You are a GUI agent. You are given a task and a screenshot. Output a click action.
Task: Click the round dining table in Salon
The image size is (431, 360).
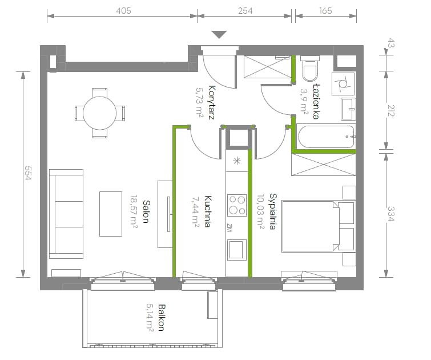click(x=99, y=113)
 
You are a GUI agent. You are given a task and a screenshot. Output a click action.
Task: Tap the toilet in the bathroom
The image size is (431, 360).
click(x=310, y=69)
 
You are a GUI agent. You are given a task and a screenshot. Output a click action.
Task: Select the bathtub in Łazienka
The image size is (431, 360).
click(x=327, y=137)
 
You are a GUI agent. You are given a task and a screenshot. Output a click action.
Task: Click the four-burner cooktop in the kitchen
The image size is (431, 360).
click(x=237, y=205)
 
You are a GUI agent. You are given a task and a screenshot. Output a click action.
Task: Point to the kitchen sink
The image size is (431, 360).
click(x=236, y=250)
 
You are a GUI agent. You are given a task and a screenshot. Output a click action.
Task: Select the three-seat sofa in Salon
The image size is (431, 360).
click(x=66, y=214)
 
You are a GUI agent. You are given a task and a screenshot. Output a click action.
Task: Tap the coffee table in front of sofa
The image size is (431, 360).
click(x=111, y=214)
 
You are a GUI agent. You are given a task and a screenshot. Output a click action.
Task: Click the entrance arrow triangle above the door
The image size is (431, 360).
click(x=219, y=34)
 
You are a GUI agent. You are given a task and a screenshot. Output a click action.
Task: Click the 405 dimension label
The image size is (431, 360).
click(x=123, y=11)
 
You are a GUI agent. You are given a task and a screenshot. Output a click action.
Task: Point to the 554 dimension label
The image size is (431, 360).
click(x=28, y=173)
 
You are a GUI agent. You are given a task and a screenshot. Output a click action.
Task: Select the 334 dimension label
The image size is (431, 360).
click(x=390, y=214)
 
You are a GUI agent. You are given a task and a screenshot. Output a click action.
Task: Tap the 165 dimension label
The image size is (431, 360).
click(x=326, y=11)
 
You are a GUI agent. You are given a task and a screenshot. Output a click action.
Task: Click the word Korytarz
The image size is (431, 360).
click(x=211, y=102)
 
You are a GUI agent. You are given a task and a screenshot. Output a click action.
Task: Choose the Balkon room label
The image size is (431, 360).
click(x=162, y=317)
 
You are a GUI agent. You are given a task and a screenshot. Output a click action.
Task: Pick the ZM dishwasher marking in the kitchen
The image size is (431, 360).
click(x=229, y=227)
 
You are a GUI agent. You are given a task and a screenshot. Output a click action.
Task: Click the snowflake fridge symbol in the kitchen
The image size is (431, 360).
click(x=237, y=161)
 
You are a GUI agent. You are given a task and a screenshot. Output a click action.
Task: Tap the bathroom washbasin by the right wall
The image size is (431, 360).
click(x=348, y=109)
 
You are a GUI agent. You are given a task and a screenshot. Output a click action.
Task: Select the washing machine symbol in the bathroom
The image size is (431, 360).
click(x=343, y=83)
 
